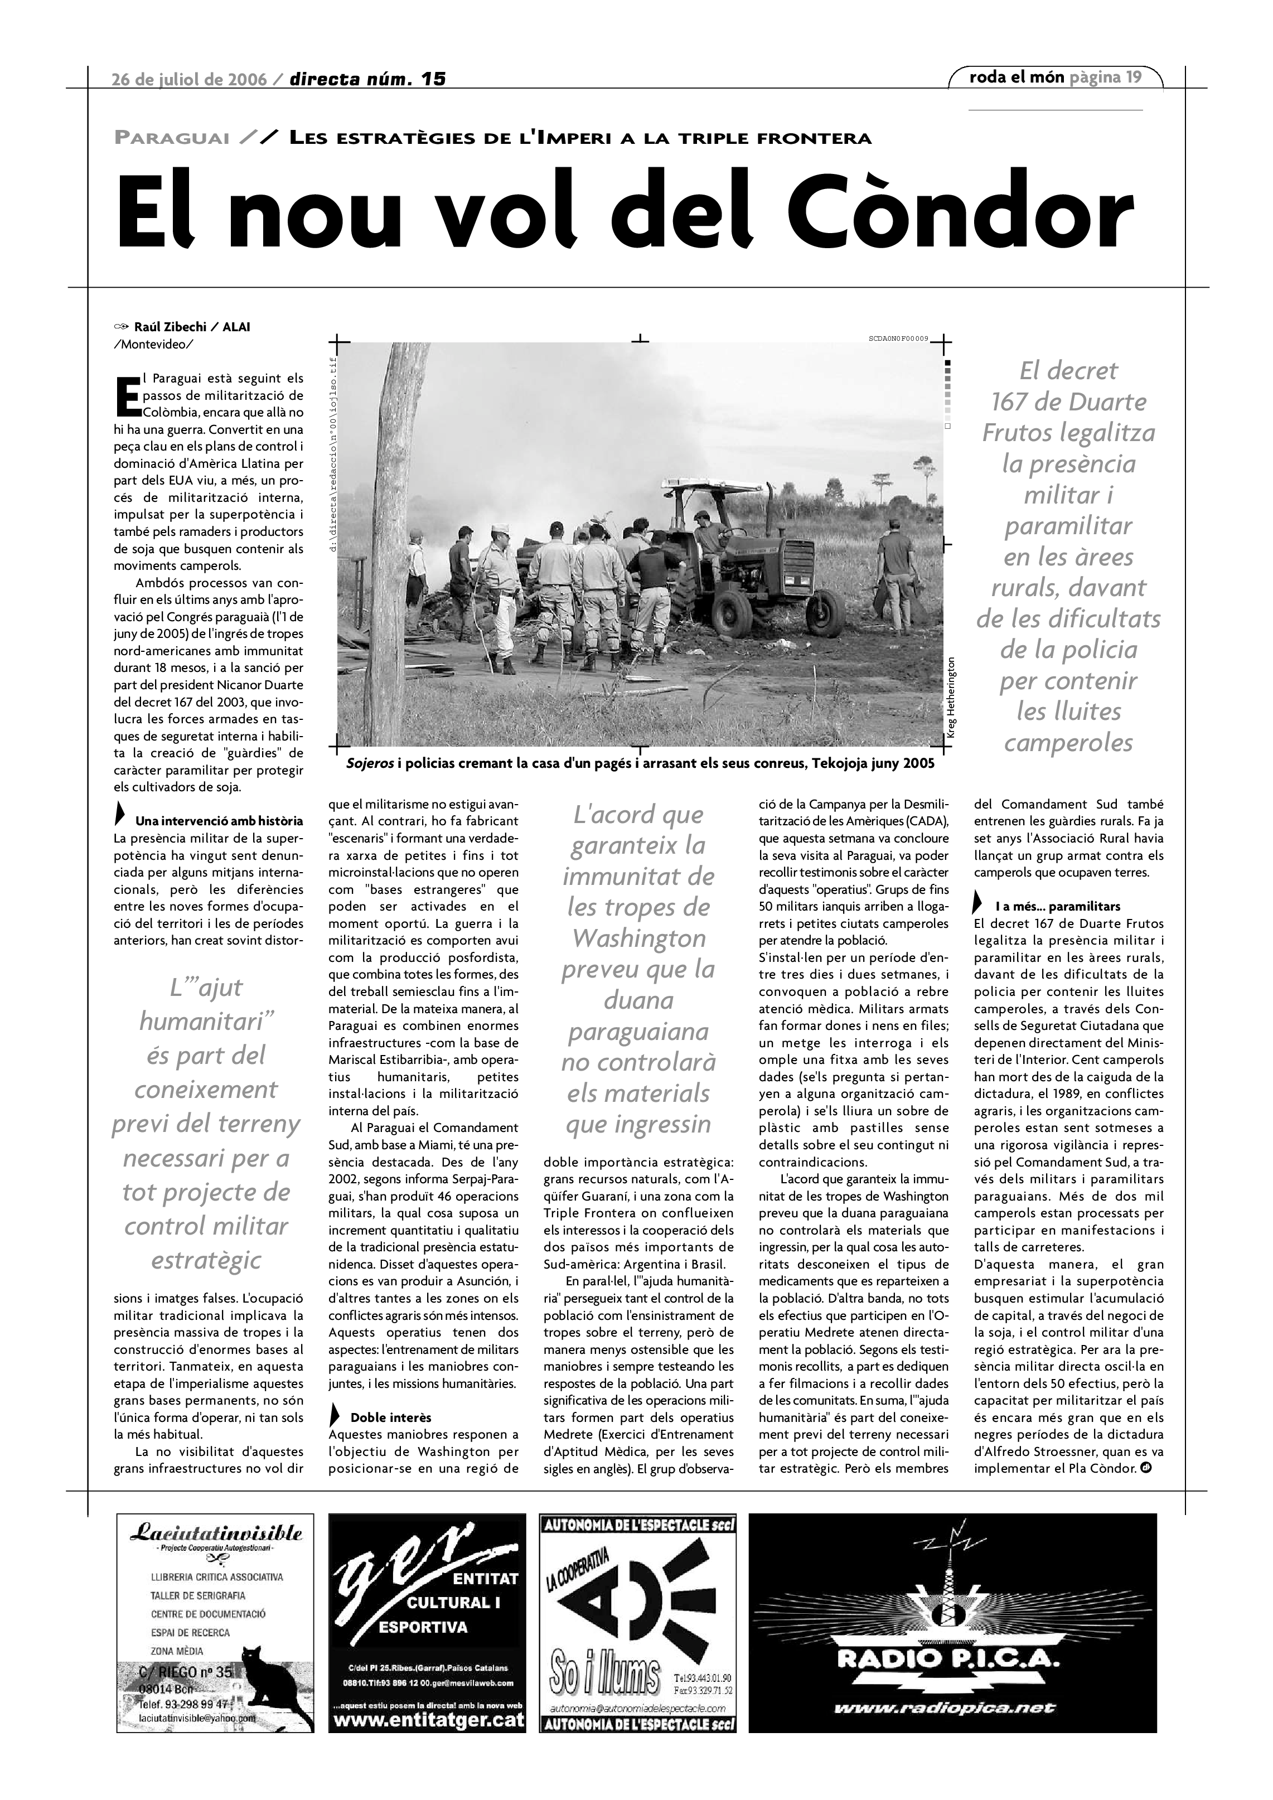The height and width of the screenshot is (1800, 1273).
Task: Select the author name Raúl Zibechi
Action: [170, 327]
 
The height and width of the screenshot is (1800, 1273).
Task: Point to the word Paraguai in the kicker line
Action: [172, 139]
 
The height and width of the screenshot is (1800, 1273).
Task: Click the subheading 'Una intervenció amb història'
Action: [219, 821]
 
